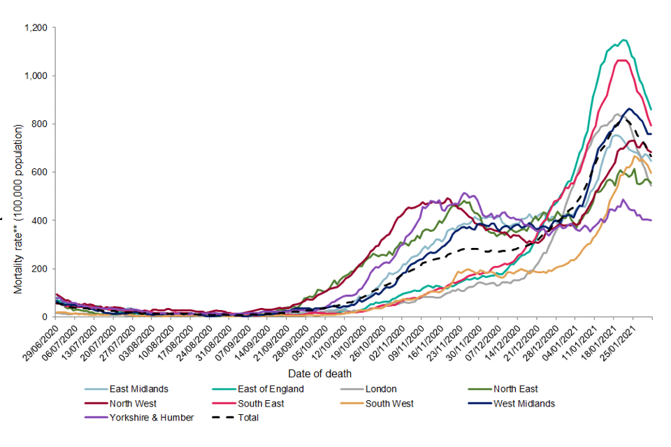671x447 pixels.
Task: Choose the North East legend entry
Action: (515, 390)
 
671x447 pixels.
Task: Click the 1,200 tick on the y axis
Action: (35, 28)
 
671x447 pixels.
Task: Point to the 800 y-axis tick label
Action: (39, 124)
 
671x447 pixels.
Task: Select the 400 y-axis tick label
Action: (39, 221)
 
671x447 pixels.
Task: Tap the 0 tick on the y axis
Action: (44, 317)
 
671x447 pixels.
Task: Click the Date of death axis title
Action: (319, 374)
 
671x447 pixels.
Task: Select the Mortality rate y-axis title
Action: (19, 209)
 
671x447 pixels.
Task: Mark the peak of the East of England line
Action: (623, 40)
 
